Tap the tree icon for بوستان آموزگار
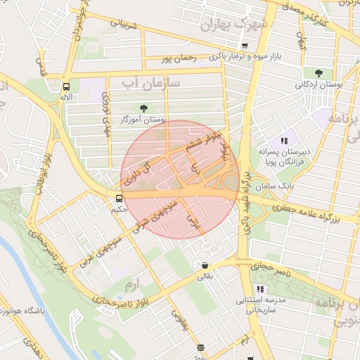144,108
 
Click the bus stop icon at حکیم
118,198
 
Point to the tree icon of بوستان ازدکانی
319,72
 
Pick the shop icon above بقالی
205,266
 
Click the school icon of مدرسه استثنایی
260,289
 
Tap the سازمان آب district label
150,84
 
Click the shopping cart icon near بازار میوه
244,45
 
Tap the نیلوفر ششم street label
199,140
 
